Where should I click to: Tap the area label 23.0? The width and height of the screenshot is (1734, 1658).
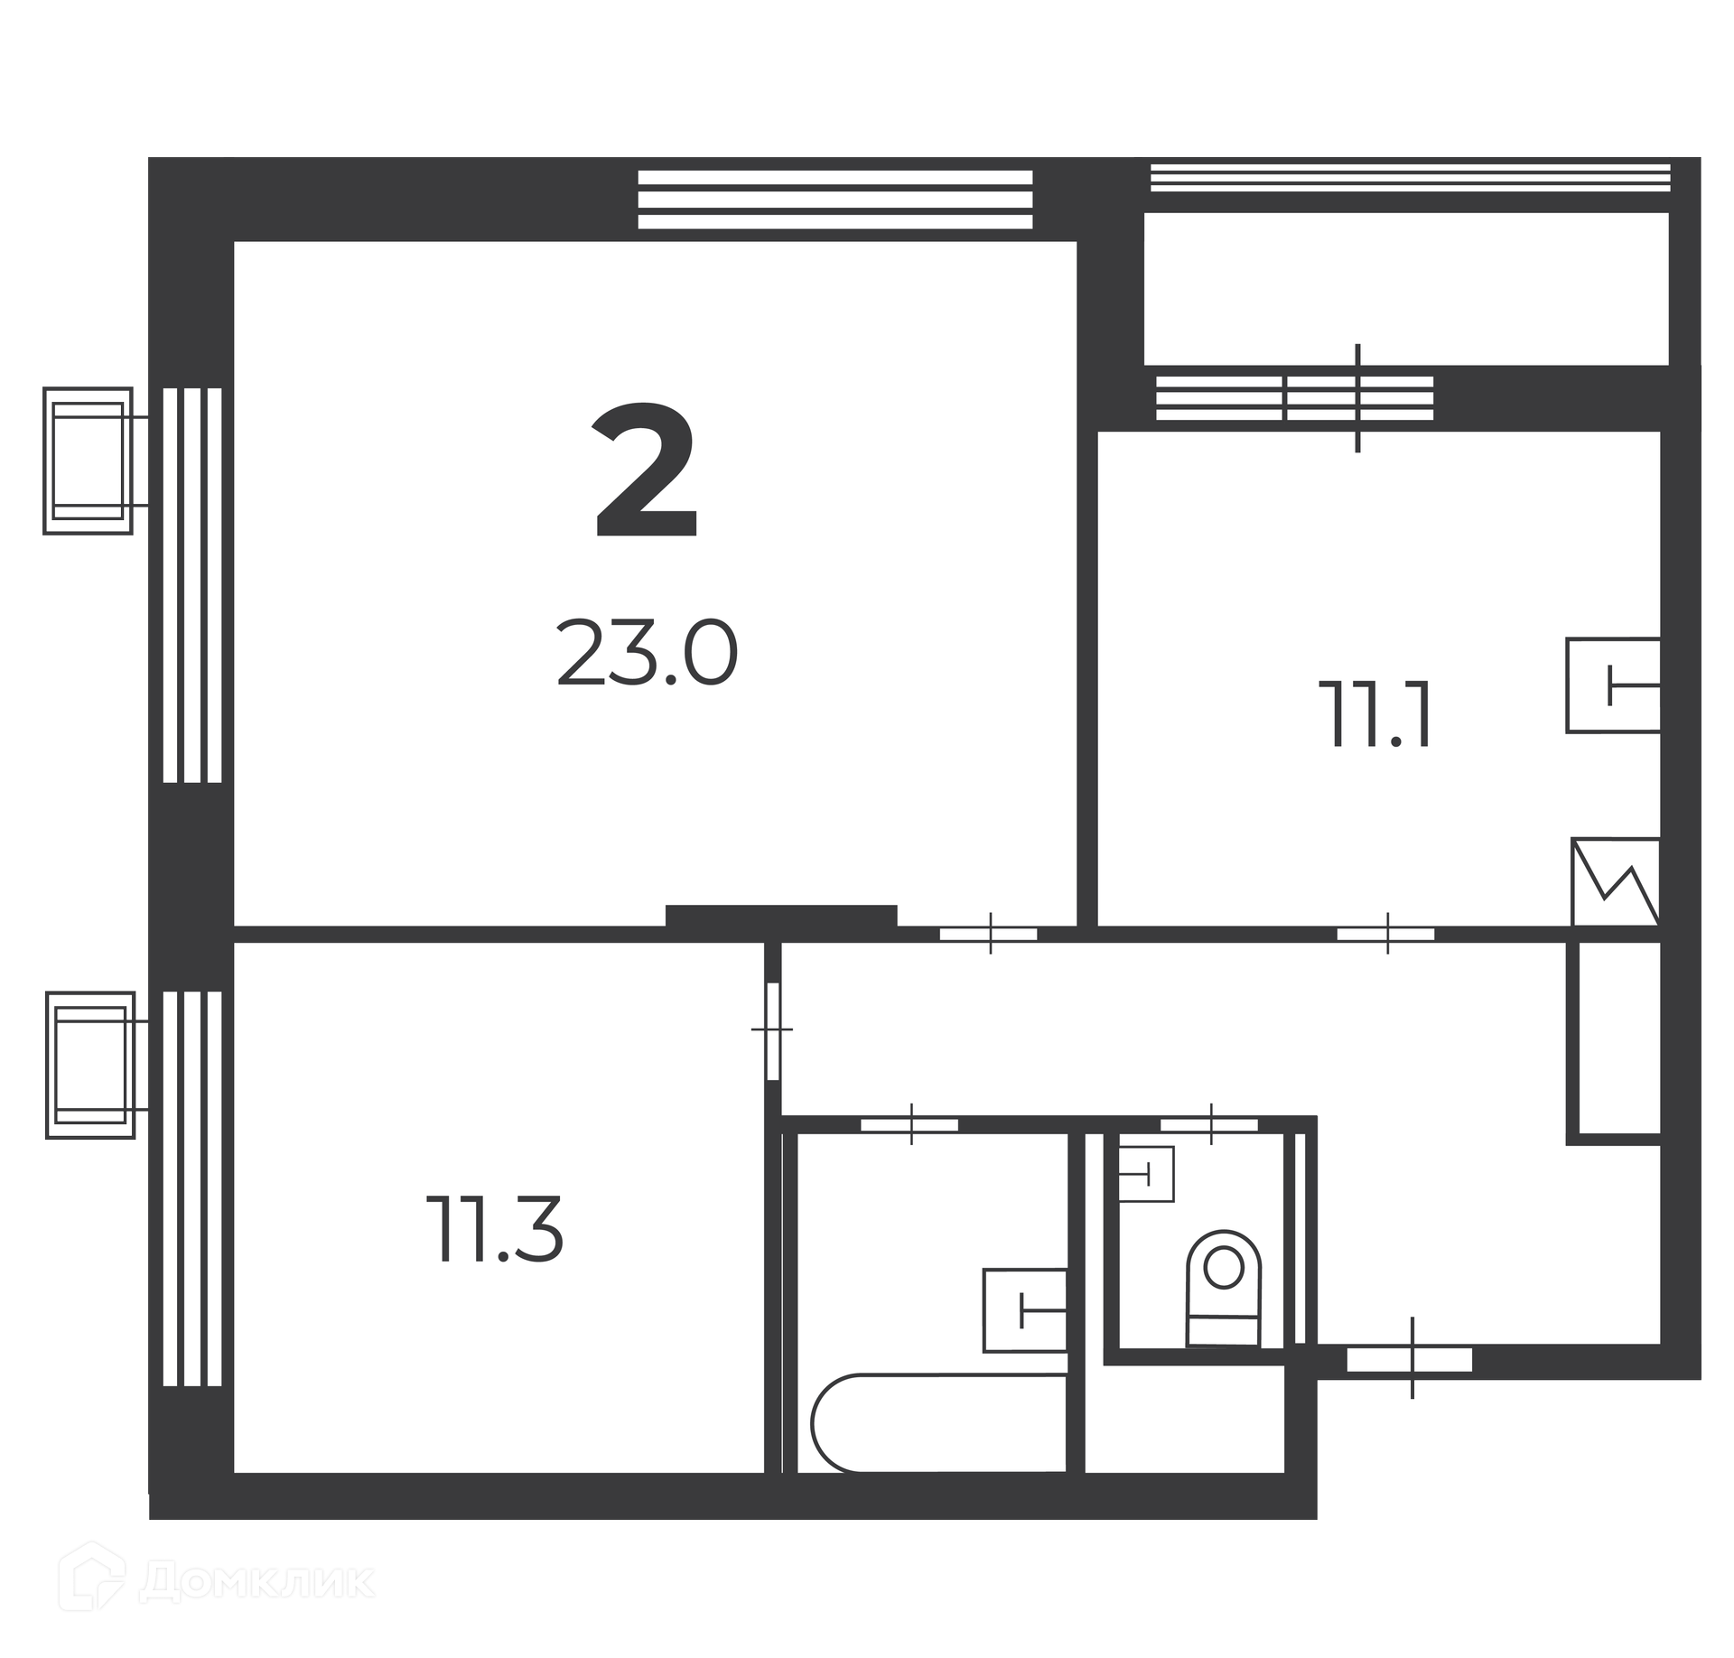[648, 653]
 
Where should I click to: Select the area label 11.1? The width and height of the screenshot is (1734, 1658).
[1375, 714]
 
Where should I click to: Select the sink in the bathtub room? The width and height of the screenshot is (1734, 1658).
[1024, 1310]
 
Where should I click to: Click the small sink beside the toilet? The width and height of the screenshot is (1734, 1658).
[1146, 1174]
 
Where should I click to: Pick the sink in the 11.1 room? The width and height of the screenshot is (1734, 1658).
[1613, 685]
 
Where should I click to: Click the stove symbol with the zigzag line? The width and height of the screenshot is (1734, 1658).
[1616, 881]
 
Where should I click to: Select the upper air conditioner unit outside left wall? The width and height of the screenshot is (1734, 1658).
[88, 461]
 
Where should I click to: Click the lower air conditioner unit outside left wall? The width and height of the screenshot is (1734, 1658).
[89, 1065]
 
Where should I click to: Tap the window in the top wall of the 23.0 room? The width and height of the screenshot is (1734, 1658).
[834, 200]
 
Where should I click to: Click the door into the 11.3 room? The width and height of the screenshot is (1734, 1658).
[773, 1030]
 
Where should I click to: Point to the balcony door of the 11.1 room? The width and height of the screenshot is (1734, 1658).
[1358, 398]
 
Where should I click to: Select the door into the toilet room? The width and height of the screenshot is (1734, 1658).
[1208, 1125]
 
